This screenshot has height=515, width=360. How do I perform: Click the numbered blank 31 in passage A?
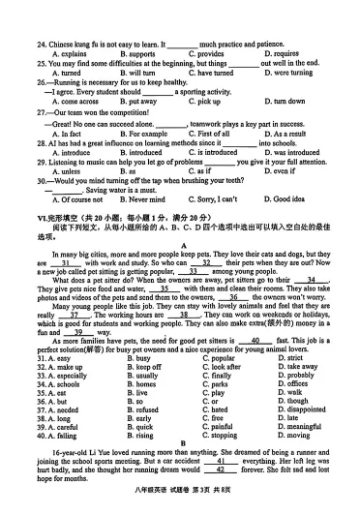click(65, 263)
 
